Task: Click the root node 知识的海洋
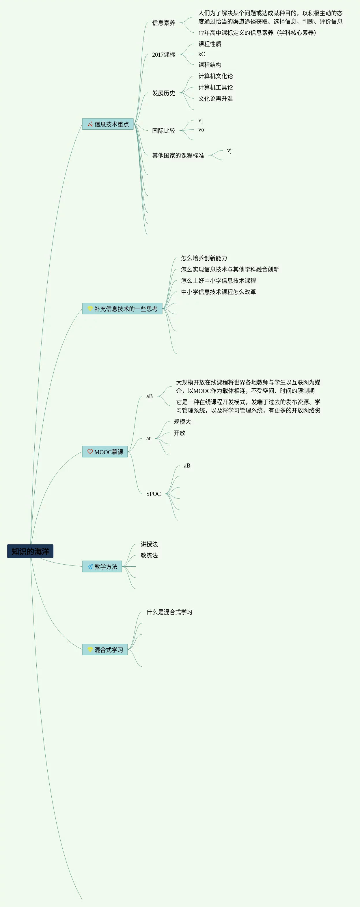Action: pyautogui.click(x=30, y=551)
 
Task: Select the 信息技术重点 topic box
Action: pyautogui.click(x=108, y=124)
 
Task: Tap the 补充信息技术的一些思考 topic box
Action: pyautogui.click(x=122, y=308)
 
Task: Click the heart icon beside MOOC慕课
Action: pyautogui.click(x=90, y=451)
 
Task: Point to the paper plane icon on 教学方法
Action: pyautogui.click(x=90, y=566)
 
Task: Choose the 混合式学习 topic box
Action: pyautogui.click(x=105, y=649)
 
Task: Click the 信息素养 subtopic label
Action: pyautogui.click(x=163, y=23)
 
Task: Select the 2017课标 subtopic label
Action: pyautogui.click(x=163, y=55)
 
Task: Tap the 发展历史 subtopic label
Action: pyautogui.click(x=163, y=93)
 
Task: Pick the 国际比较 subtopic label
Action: pyautogui.click(x=163, y=131)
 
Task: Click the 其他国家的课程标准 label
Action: pyautogui.click(x=178, y=155)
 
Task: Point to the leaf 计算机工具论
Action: pyautogui.click(x=215, y=87)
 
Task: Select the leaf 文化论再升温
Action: pyautogui.click(x=215, y=99)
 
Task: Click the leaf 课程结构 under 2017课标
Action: pyautogui.click(x=210, y=65)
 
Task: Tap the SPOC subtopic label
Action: pyautogui.click(x=153, y=494)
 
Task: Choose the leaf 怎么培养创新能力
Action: pyautogui.click(x=204, y=258)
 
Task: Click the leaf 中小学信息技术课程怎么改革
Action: pyautogui.click(x=219, y=292)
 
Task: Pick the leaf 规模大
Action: pyautogui.click(x=182, y=422)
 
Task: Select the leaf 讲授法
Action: pyautogui.click(x=149, y=544)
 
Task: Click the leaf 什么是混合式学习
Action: pyautogui.click(x=169, y=612)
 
